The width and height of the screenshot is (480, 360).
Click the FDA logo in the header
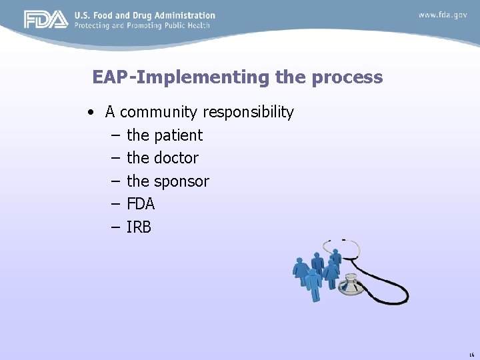(x=46, y=20)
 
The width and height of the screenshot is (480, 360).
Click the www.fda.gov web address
(x=443, y=15)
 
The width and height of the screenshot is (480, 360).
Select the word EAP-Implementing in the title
(x=181, y=77)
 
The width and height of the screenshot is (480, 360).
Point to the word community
(x=159, y=112)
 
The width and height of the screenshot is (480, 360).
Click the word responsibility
(x=248, y=112)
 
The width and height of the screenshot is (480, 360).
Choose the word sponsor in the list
(x=181, y=181)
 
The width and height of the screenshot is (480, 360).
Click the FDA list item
(x=141, y=204)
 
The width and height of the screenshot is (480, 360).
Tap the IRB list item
(x=139, y=227)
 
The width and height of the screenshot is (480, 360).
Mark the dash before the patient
(x=114, y=135)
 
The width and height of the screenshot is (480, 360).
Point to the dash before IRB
(x=114, y=227)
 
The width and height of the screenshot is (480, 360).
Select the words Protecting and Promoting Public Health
(x=142, y=25)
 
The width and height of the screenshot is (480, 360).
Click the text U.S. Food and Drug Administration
(x=145, y=15)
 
